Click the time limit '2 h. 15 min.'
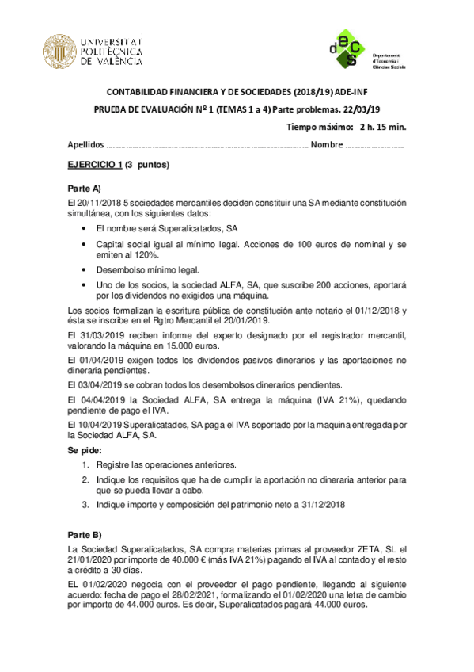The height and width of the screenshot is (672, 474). coord(382,127)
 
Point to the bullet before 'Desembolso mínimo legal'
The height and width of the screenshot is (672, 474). coord(85,269)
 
